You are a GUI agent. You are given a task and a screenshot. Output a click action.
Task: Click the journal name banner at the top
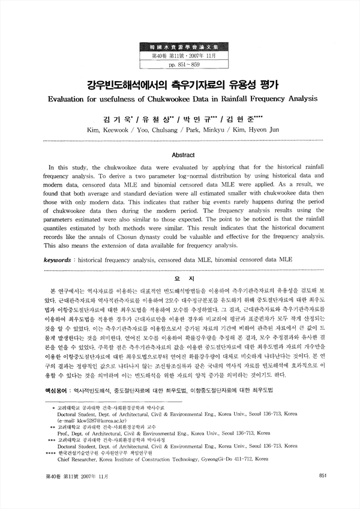[x=179, y=46]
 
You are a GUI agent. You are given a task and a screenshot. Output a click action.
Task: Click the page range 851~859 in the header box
[x=179, y=64]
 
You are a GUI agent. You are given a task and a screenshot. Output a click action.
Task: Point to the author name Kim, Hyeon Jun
[x=250, y=129]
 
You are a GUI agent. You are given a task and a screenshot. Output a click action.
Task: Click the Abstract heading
[x=179, y=154]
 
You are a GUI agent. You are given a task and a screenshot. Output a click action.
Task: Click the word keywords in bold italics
[x=62, y=261]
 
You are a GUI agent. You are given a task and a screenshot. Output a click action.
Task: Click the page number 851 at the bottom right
[x=322, y=476]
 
